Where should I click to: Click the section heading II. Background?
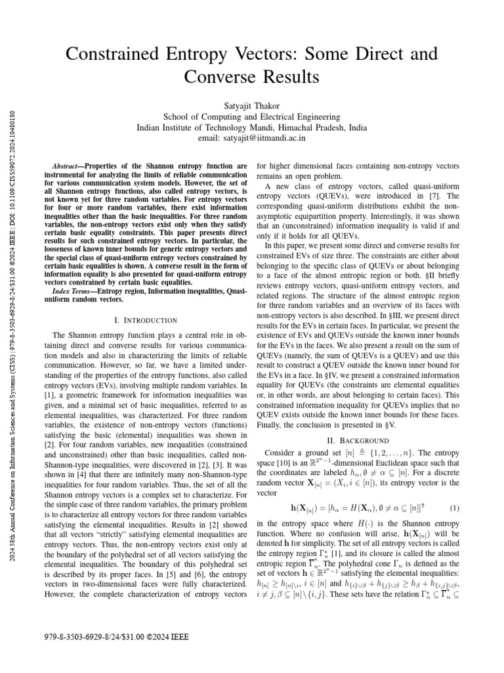click(363, 440)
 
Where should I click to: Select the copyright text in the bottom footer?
click(108, 637)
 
